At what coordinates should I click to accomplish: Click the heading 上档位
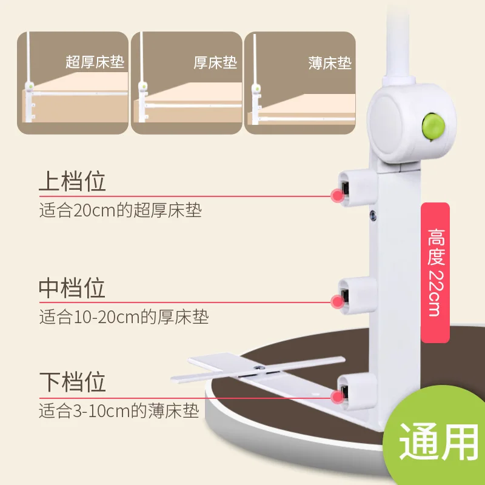tap(72, 182)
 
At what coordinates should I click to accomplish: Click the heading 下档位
tap(72, 382)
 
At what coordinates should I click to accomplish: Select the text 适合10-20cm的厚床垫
tap(124, 316)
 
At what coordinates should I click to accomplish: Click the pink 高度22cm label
tap(435, 273)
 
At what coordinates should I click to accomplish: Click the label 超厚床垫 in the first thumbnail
tap(95, 62)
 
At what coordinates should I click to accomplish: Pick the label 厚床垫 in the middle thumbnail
tap(215, 62)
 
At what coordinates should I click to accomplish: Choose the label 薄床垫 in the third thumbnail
tap(330, 63)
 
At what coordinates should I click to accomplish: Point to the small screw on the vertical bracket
tap(373, 213)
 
